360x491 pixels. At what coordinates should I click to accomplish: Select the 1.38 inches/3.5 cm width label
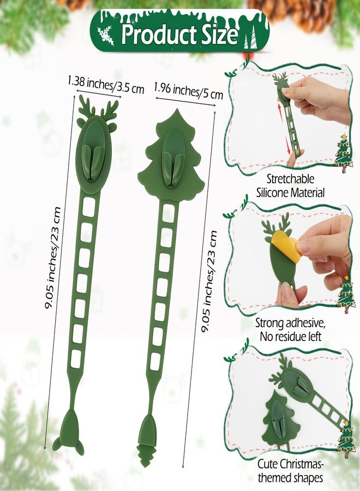click(106, 85)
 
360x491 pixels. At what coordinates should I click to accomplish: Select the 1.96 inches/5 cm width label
click(188, 90)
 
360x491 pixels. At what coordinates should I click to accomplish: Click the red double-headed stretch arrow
click(283, 128)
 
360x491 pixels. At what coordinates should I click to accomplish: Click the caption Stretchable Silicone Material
click(290, 185)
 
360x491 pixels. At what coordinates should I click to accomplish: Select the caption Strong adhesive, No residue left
click(290, 330)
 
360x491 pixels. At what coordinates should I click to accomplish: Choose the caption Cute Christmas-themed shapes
click(290, 471)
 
